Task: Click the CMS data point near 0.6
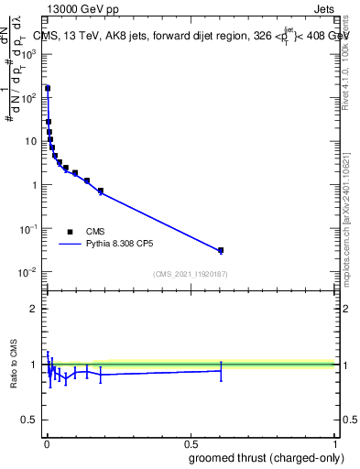pyautogui.click(x=221, y=250)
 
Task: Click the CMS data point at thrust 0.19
pyautogui.click(x=101, y=191)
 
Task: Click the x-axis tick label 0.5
pyautogui.click(x=191, y=442)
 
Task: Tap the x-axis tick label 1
pyautogui.click(x=334, y=442)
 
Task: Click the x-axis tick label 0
pyautogui.click(x=47, y=442)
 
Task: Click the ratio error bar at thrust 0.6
pyautogui.click(x=221, y=370)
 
